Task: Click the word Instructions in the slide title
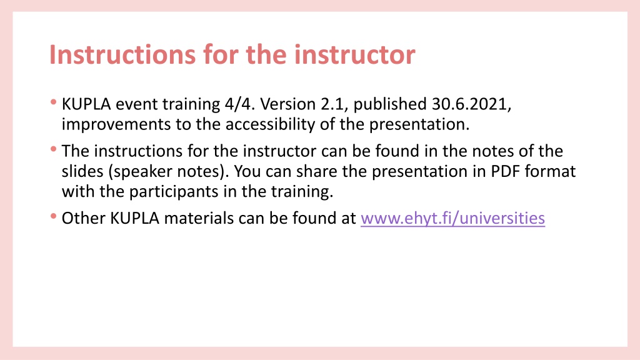click(x=122, y=54)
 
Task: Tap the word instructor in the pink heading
click(x=355, y=54)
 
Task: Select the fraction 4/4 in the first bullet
click(x=239, y=104)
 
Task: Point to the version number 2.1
click(x=334, y=104)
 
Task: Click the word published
click(x=390, y=105)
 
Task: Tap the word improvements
click(x=116, y=124)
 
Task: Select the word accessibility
click(x=270, y=124)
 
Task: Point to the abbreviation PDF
click(x=505, y=171)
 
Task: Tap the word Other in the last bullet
click(x=83, y=218)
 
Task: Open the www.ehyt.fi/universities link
click(x=452, y=218)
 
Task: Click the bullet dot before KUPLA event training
click(x=54, y=102)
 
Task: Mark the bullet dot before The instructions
click(x=54, y=149)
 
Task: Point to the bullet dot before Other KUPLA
click(x=54, y=216)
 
